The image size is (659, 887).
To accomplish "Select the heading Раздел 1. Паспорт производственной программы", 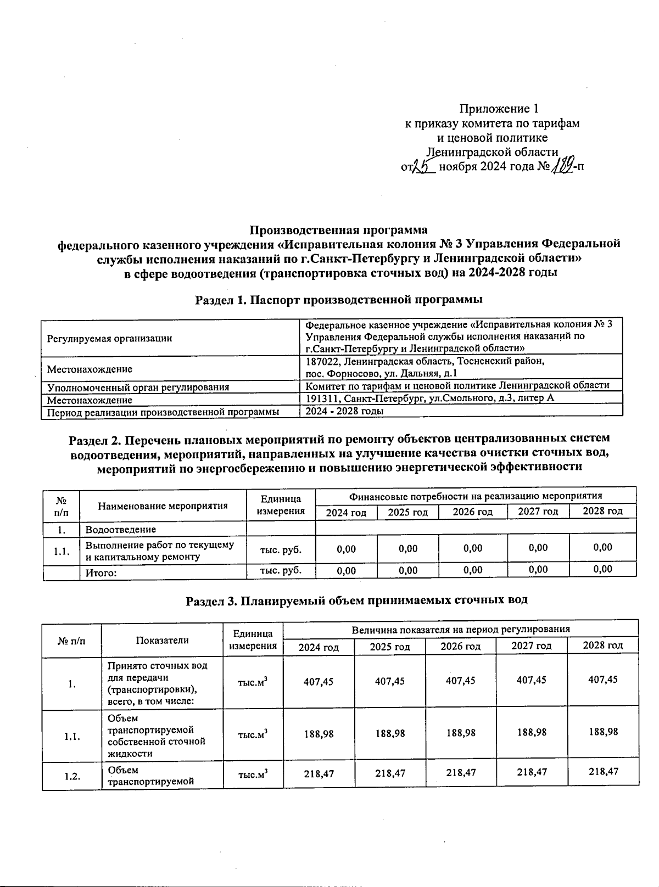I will point(339,299).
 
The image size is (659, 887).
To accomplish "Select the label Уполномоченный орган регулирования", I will point(138,387).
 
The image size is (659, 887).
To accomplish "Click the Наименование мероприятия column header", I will point(163,506).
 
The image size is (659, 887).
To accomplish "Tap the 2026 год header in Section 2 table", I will point(472,512).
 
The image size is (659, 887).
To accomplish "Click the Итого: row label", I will point(101,573).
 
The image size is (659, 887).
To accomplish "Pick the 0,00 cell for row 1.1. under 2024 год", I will point(346,548).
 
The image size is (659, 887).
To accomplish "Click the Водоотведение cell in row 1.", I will point(120,529).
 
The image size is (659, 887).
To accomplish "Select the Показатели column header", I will point(162,639).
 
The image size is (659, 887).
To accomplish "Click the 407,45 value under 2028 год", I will point(602,680).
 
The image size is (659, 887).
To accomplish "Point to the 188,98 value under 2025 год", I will point(389,733).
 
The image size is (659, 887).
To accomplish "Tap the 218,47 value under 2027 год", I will point(532,772).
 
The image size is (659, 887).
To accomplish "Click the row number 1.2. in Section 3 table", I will point(71,776).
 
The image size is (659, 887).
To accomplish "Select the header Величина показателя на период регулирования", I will point(460,629).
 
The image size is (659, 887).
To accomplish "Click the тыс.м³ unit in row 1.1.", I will point(253,734).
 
